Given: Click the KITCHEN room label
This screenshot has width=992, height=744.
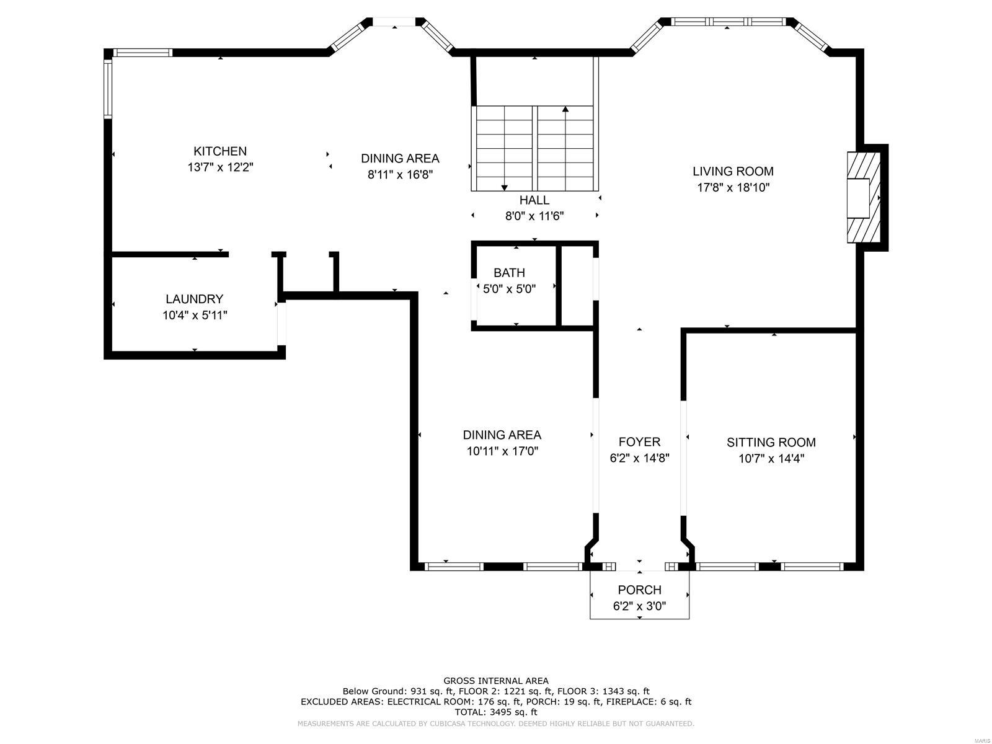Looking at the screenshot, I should coord(220,151).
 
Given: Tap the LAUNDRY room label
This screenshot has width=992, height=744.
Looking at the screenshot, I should coord(194,299).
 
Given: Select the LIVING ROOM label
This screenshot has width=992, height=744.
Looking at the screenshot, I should coord(733,171).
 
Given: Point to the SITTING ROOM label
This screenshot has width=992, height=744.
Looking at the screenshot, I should coord(771,442).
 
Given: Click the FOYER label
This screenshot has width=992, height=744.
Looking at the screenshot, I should coord(639,441).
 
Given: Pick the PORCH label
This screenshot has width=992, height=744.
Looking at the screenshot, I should coord(639,590).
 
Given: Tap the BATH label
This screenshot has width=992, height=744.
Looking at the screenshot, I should coord(509,273).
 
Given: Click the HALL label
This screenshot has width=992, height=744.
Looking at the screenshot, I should coord(534,200).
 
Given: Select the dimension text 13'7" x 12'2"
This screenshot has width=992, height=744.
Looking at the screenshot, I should coord(220,167).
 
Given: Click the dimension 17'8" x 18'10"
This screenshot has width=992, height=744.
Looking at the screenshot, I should coord(733,187).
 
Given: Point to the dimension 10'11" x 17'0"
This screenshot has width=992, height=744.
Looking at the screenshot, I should coord(502,451).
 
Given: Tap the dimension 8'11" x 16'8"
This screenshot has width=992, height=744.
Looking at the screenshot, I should coord(400,175).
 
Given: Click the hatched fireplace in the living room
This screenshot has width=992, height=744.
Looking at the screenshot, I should coord(863,198).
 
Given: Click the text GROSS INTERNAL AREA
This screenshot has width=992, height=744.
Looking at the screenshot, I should coord(495,681).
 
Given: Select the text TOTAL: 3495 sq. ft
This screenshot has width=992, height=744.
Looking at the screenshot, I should coord(495,712).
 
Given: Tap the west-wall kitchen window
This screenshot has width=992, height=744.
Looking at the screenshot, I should coord(107,87).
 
